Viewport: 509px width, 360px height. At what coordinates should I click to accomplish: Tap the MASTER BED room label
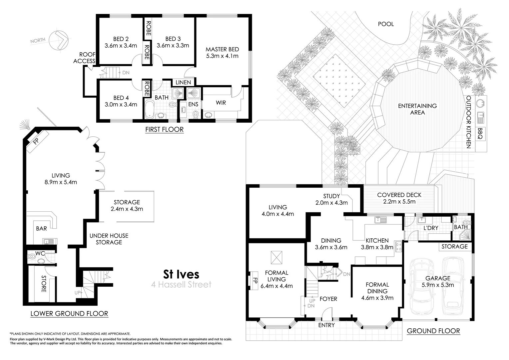pyautogui.click(x=222, y=49)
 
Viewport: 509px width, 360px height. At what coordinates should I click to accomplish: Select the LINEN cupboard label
pyautogui.click(x=183, y=82)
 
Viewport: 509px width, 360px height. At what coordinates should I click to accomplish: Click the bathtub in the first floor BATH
pyautogui.click(x=150, y=109)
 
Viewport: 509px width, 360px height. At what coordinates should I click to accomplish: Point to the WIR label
pyautogui.click(x=221, y=103)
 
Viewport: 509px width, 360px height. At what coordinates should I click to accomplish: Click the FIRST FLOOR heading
pyautogui.click(x=164, y=129)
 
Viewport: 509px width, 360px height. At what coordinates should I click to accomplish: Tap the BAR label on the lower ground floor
pyautogui.click(x=41, y=228)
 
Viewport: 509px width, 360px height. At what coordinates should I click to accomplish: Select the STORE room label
pyautogui.click(x=44, y=284)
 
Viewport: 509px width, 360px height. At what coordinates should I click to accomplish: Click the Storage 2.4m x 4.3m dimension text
pyautogui.click(x=127, y=209)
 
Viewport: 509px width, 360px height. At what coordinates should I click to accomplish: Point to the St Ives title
pyautogui.click(x=181, y=274)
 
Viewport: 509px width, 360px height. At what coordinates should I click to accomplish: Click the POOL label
pyautogui.click(x=386, y=24)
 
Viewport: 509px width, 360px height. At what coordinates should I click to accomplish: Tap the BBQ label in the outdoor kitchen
pyautogui.click(x=480, y=133)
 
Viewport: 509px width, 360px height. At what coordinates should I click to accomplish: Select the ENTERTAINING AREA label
pyautogui.click(x=417, y=109)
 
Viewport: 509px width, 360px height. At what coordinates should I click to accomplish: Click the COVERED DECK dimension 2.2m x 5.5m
pyautogui.click(x=399, y=201)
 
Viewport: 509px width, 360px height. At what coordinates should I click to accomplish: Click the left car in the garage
pyautogui.click(x=422, y=287)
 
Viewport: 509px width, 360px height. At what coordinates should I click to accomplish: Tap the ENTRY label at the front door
pyautogui.click(x=326, y=325)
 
